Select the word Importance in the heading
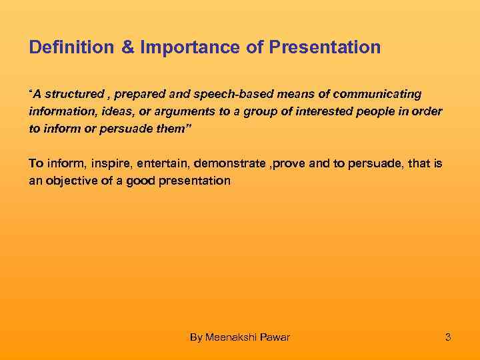tap(178, 48)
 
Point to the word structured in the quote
tap(74, 94)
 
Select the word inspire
tap(106, 163)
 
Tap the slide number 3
tap(448, 337)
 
